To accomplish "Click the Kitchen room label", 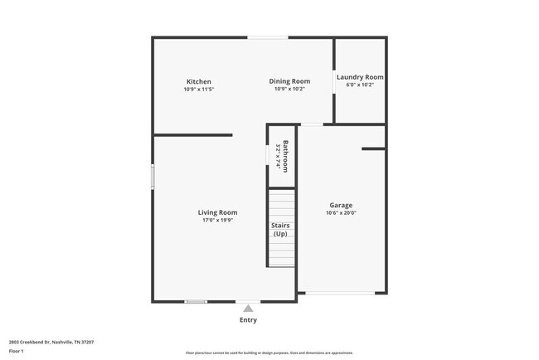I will point(198,81).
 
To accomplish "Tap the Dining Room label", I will point(289,81).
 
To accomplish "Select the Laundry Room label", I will point(360,77).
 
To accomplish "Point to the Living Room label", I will point(217,212).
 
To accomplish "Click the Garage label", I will point(341,205).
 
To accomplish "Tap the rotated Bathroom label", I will point(285,156).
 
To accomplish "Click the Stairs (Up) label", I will point(281,229).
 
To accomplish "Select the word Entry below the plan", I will point(248,320).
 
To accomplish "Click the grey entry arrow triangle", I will point(247,308).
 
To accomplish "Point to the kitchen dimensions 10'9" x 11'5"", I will point(198,90).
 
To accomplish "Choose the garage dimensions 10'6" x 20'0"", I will point(341,213).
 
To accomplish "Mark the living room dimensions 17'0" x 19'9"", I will point(217,221).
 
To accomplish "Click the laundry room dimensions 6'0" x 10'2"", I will point(360,85).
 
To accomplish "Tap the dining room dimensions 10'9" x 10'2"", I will point(289,90).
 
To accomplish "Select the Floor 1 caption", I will point(17,352).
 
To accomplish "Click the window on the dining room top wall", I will point(268,37).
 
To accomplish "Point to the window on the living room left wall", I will point(152,177).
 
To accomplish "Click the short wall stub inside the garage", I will point(373,149).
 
